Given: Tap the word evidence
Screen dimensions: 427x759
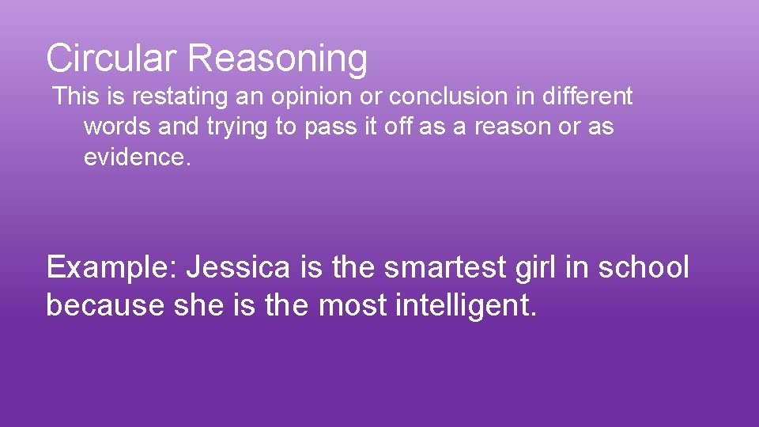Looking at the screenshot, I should tap(137, 157).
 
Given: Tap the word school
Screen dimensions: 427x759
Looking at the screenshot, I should tap(644, 267).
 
